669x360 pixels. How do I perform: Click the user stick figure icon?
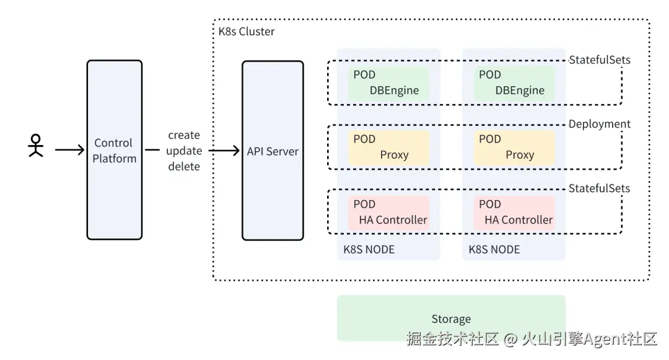tap(36, 146)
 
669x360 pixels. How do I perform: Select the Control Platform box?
tap(114, 150)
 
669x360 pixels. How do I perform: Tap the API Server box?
tap(273, 151)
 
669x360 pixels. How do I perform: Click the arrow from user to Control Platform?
tap(69, 150)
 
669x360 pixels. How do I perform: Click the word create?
tap(184, 135)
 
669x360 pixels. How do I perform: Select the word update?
tap(184, 151)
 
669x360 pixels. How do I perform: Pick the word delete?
tap(184, 166)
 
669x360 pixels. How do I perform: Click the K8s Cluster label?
tap(247, 31)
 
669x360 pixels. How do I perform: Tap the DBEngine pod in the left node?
tap(388, 82)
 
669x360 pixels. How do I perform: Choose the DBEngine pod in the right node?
tap(514, 82)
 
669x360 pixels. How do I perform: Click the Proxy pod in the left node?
tap(388, 147)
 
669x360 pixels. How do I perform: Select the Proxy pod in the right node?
tap(514, 147)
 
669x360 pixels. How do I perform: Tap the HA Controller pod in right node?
tap(514, 212)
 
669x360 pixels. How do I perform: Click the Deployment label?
tap(599, 124)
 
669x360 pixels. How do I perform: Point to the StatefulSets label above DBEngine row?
tap(599, 60)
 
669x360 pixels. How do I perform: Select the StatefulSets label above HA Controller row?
tap(599, 188)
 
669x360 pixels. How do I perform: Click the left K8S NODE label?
tap(369, 250)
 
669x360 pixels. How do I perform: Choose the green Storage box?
tap(451, 318)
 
